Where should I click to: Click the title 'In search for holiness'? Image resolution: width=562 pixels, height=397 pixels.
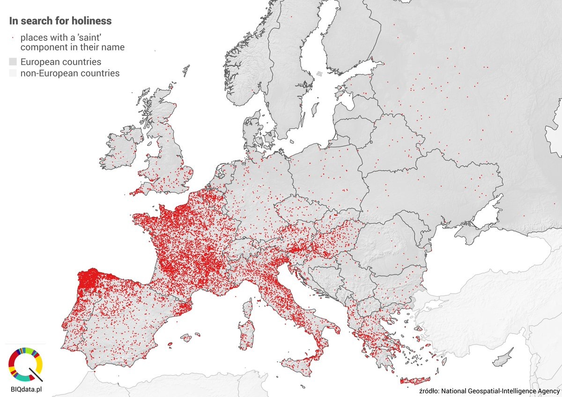[x=60, y=21]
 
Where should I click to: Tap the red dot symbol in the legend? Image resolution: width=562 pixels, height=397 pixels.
[x=13, y=37]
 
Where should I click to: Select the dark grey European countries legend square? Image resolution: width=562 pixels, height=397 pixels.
[x=13, y=62]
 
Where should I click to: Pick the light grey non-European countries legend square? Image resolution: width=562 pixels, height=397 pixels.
[x=13, y=73]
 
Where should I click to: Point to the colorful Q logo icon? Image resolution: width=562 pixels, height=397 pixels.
[x=26, y=364]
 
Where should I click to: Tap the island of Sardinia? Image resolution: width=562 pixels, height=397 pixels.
[x=246, y=334]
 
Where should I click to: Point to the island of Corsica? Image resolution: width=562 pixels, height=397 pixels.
[x=247, y=308]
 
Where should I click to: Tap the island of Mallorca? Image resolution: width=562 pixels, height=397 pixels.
[x=187, y=337]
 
